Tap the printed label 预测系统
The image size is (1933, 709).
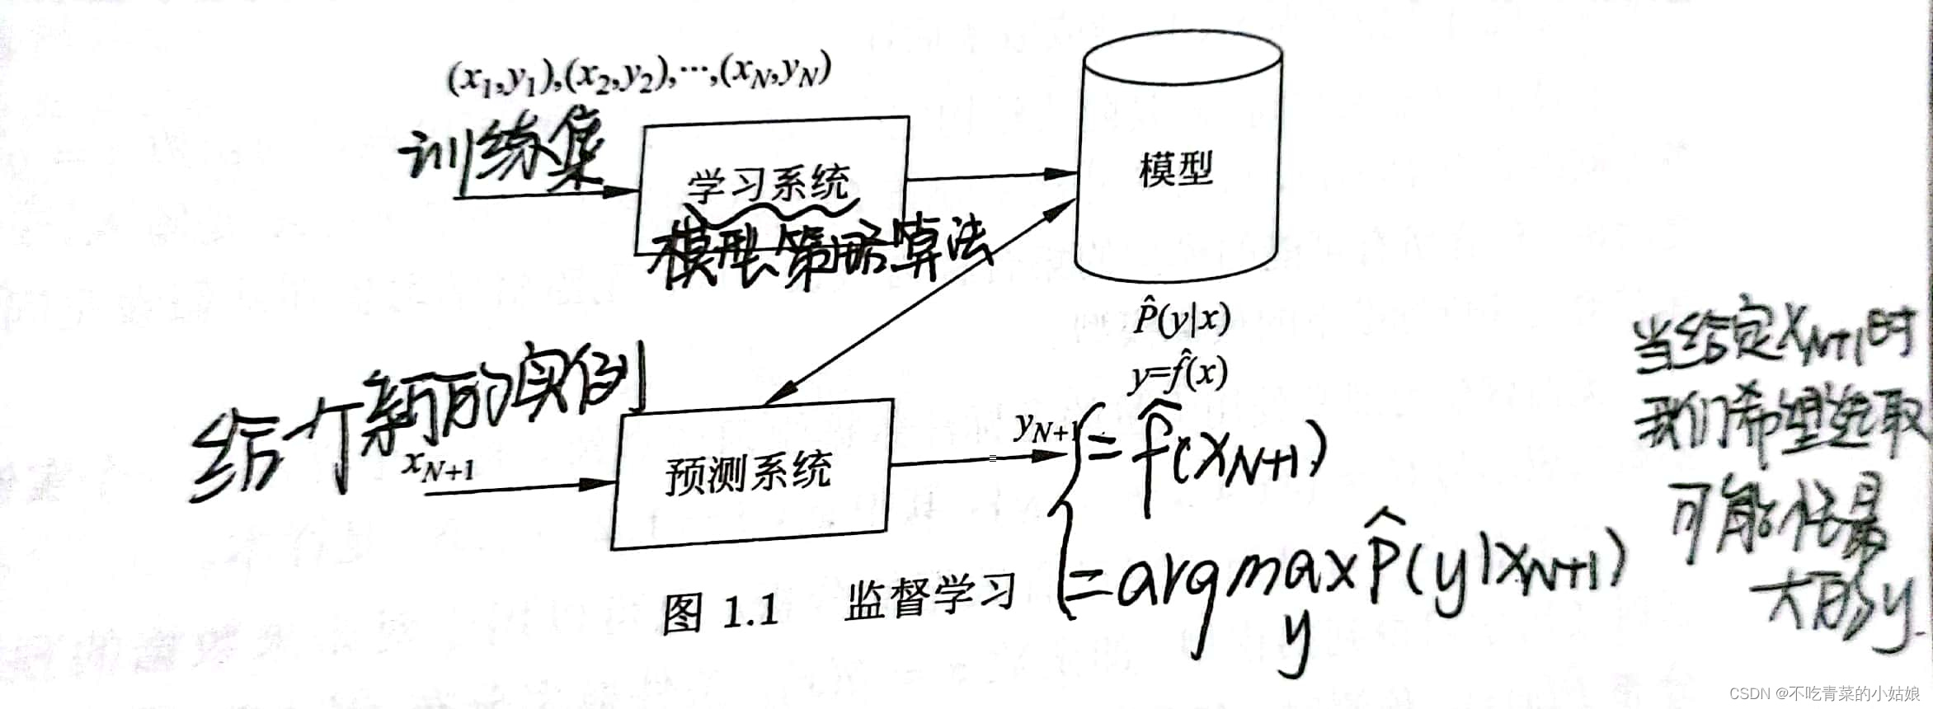[x=748, y=474]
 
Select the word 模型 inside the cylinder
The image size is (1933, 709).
[x=1176, y=170]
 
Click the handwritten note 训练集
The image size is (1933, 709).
[x=503, y=157]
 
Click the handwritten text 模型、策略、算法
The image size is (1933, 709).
[x=816, y=252]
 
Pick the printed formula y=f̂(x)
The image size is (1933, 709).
[x=1178, y=375]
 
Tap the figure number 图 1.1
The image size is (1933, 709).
[x=721, y=612]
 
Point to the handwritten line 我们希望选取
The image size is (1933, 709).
[x=1781, y=429]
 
